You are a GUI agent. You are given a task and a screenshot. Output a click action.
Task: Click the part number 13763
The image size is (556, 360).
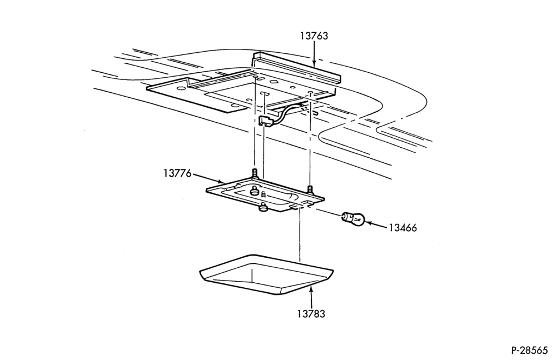coord(314,36)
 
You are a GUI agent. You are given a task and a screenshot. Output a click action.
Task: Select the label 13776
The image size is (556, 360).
coord(177,174)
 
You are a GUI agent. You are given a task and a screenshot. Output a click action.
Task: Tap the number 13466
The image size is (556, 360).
coord(403,228)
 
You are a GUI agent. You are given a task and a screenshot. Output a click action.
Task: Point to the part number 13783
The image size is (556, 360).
coord(311,314)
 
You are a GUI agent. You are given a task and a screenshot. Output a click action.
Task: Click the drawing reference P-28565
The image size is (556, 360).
coord(530,351)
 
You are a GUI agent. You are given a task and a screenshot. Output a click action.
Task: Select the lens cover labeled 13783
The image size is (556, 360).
coord(266,274)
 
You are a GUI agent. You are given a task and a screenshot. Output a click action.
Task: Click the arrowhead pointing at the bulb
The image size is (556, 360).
coord(368,223)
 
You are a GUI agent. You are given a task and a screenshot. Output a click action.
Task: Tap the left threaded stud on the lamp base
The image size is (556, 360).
coord(254,173)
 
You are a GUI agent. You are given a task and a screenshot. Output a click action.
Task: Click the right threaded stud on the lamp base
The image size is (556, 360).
coord(310,189)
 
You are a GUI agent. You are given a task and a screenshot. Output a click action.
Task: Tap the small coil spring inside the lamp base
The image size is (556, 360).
coord(263,194)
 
